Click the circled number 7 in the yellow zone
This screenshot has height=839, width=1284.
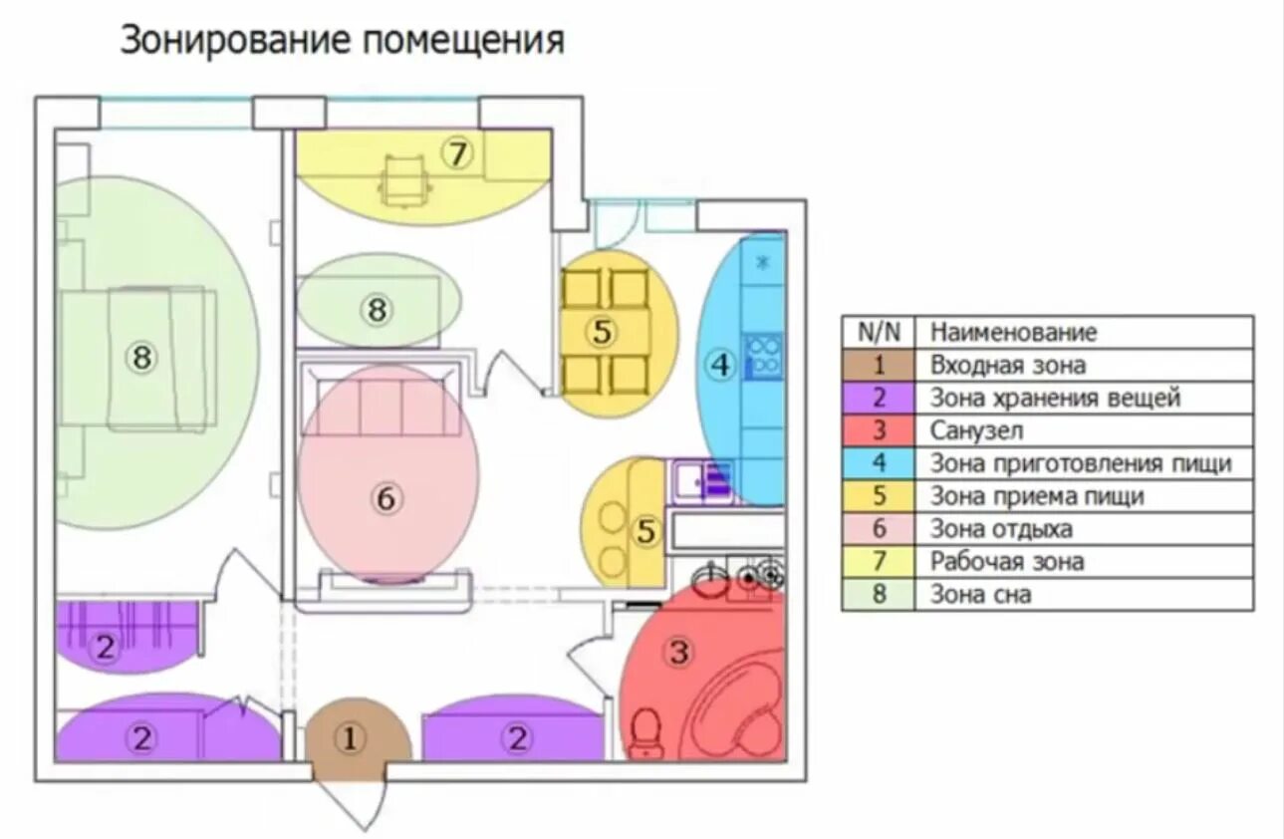click(456, 155)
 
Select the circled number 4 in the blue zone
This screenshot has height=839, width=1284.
click(720, 365)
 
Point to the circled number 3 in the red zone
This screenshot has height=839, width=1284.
click(678, 653)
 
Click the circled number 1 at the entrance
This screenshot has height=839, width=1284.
click(350, 738)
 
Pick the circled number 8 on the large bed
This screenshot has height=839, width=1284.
click(141, 357)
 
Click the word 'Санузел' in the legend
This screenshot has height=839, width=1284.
click(977, 430)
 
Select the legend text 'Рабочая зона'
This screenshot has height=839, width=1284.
click(1007, 562)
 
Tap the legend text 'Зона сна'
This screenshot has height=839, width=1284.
click(981, 595)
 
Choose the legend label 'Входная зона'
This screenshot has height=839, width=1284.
click(1008, 365)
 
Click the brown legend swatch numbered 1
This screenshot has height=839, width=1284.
click(878, 365)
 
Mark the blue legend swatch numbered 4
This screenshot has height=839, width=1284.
click(878, 463)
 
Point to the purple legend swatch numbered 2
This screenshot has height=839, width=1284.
click(878, 398)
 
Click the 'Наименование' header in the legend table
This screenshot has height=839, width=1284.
click(1013, 332)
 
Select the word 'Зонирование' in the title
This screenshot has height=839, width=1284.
click(235, 41)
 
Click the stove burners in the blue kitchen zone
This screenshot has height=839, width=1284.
click(764, 356)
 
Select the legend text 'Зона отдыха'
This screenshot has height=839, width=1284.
click(1001, 529)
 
